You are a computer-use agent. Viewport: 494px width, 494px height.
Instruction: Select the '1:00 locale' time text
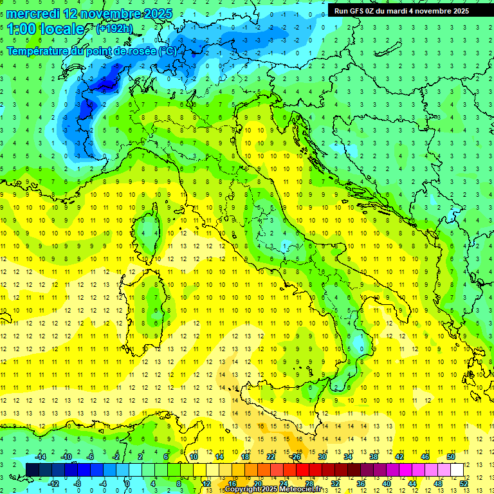coord(46,29)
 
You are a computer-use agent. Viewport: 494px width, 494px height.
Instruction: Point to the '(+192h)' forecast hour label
coord(114,29)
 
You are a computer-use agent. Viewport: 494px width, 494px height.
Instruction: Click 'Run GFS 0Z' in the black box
coord(356,11)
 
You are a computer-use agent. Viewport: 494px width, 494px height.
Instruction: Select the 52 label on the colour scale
coord(463,483)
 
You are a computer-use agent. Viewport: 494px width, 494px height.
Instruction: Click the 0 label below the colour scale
coord(127,483)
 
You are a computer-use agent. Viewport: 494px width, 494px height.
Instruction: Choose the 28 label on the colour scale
coord(309,483)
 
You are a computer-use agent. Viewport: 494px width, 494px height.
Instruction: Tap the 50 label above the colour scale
coord(450,457)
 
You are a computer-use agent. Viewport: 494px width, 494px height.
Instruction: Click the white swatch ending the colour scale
coord(457,470)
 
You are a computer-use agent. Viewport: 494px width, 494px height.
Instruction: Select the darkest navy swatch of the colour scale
coord(33,470)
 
